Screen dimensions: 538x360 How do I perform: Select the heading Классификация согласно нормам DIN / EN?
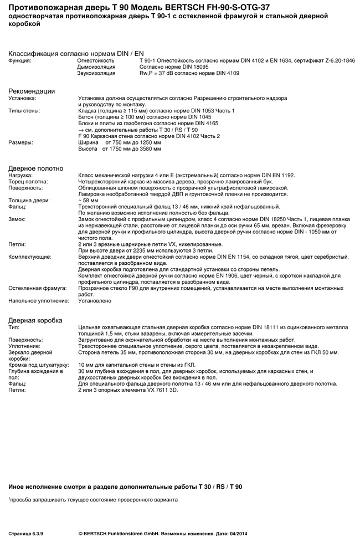(x=76, y=53)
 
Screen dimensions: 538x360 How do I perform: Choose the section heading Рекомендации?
(x=32, y=91)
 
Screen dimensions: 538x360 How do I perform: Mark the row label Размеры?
(x=20, y=142)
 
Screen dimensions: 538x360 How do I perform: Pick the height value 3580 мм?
(x=150, y=148)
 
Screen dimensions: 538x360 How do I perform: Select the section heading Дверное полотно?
(x=36, y=168)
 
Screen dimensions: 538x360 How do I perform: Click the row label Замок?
(x=17, y=219)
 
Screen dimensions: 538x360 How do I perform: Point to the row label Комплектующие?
(x=30, y=257)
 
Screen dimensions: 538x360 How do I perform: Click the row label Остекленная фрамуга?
(x=37, y=288)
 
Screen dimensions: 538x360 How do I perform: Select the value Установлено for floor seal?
(x=95, y=301)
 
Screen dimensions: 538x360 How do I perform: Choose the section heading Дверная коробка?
(x=35, y=320)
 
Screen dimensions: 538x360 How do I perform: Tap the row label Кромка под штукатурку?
(x=38, y=365)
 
